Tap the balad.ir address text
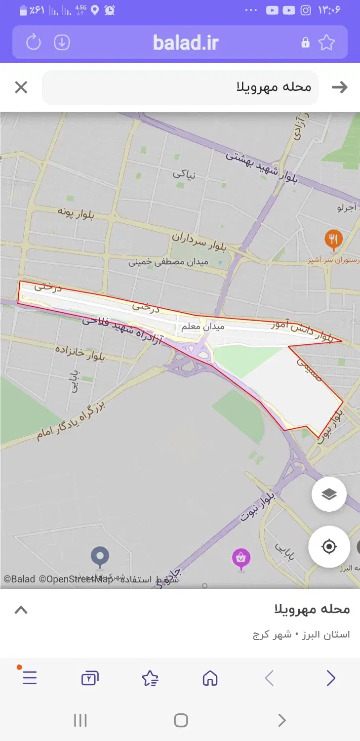point(185,43)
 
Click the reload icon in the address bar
point(34,42)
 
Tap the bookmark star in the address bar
point(326,42)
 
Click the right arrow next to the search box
point(339,87)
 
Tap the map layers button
point(329,494)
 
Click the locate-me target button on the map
point(329,546)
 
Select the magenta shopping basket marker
point(241,558)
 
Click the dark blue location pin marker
point(100,556)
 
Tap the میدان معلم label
point(202,327)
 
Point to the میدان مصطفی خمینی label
point(168,262)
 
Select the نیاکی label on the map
point(184,174)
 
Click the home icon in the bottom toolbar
point(210,678)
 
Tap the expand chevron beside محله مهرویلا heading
point(21,610)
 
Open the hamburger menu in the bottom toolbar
point(30,678)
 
